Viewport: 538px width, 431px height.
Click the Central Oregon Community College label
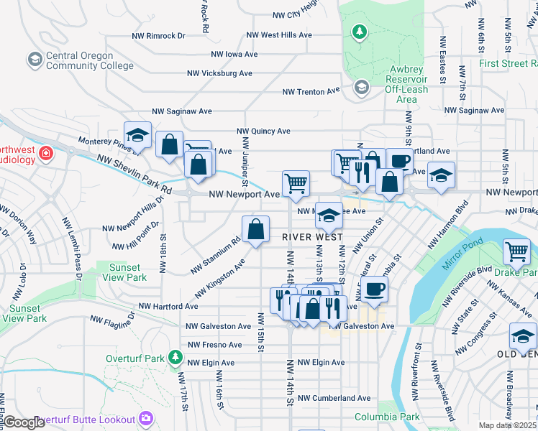(x=89, y=61)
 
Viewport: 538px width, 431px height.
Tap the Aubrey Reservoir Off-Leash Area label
(x=406, y=80)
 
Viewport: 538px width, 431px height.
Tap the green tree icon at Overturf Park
(x=173, y=357)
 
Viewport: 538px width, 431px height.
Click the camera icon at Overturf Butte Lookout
(x=146, y=417)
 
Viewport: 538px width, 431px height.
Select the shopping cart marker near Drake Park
(x=516, y=252)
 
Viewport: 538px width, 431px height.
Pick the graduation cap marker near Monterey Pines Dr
(x=137, y=135)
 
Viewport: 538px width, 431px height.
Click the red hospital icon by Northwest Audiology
(x=45, y=153)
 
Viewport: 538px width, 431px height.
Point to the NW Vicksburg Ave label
(x=219, y=73)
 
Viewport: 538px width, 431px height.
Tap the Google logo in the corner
(x=24, y=422)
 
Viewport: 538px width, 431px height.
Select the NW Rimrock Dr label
(x=159, y=35)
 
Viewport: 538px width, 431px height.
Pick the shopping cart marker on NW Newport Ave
(x=296, y=183)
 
